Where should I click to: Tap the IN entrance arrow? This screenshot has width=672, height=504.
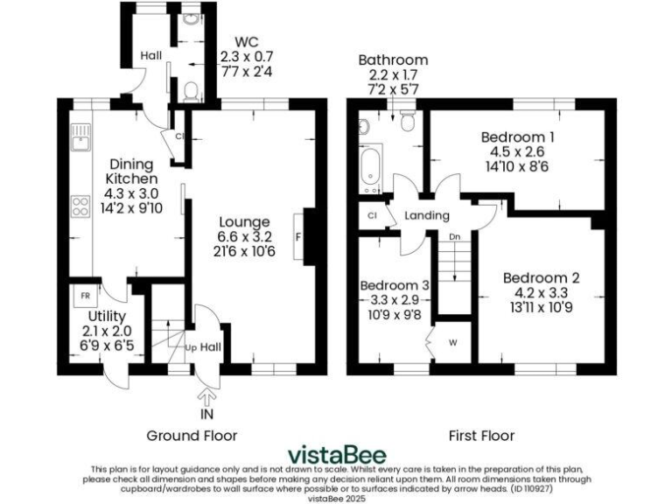pos(207,397)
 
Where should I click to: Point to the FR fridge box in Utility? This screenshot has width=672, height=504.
pos(85,296)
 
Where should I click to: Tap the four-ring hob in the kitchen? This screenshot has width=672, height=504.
pos(80,207)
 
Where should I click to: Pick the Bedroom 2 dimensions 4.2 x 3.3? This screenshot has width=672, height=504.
pos(541,293)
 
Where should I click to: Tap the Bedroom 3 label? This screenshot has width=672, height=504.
pos(395,285)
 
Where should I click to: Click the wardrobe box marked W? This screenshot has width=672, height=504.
pos(453,341)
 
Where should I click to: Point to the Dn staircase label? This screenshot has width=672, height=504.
pos(454,237)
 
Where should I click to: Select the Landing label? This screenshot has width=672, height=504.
pos(427,215)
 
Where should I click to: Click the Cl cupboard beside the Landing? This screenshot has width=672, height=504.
pos(372,215)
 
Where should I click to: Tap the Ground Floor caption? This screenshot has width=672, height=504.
pos(192,435)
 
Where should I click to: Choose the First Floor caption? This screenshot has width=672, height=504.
pos(481,435)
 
